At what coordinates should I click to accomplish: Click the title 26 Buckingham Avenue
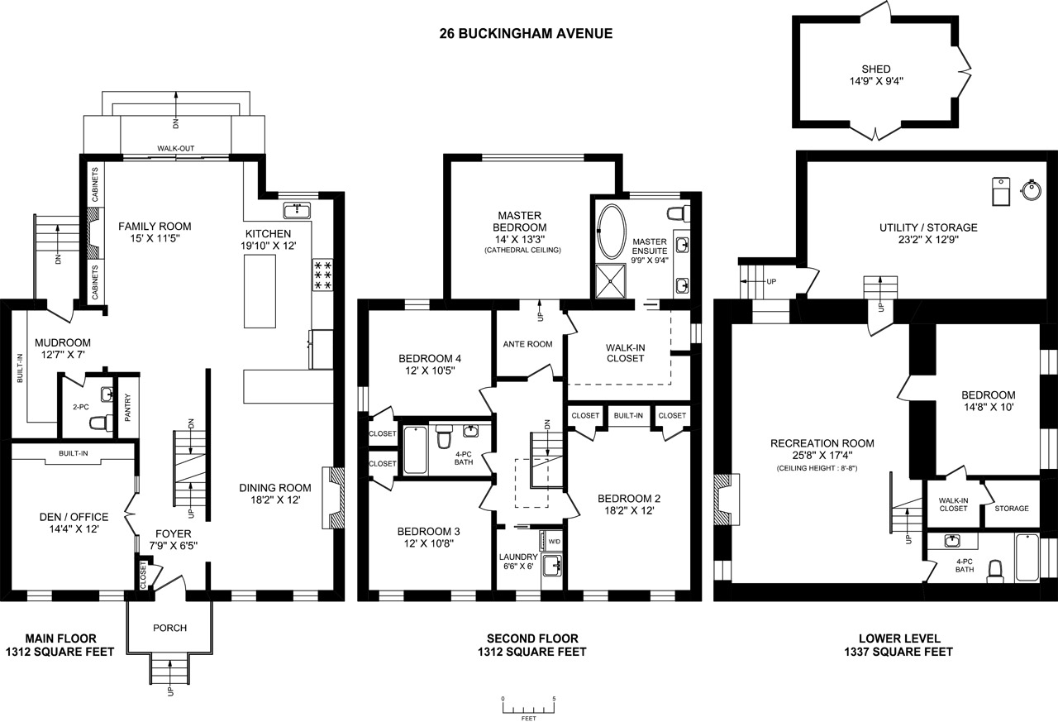click(526, 34)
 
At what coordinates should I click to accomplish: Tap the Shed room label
click(876, 69)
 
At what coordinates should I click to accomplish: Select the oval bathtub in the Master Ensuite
click(612, 232)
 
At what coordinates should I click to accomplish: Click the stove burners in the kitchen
click(323, 275)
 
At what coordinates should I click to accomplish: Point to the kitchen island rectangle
click(260, 291)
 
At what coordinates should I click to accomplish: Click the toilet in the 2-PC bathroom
click(102, 423)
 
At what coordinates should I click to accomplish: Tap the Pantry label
click(127, 408)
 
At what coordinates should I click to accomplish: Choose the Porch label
click(170, 628)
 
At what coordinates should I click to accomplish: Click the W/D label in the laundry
click(554, 542)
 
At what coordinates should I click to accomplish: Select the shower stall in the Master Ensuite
click(611, 282)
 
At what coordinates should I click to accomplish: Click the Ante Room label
click(527, 345)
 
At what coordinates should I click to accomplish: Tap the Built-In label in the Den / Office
click(74, 453)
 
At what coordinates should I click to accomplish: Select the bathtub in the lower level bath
click(1027, 557)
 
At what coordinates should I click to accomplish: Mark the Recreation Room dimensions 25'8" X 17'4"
click(822, 456)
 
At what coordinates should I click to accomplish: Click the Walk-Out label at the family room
click(176, 148)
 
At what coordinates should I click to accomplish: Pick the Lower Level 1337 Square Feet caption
click(898, 645)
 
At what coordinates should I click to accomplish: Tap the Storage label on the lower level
click(1012, 509)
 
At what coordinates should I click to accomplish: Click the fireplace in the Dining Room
click(333, 498)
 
